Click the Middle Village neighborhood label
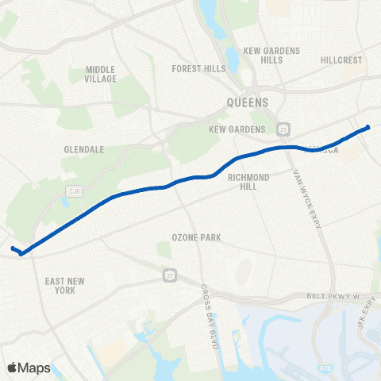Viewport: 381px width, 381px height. pyautogui.click(x=101, y=74)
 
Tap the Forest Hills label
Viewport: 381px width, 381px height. pyautogui.click(x=199, y=69)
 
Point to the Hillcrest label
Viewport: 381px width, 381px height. pyautogui.click(x=342, y=60)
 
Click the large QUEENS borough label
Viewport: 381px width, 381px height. pyautogui.click(x=248, y=102)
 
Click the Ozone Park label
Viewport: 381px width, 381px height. pyautogui.click(x=196, y=237)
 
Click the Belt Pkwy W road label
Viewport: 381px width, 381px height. pyautogui.click(x=333, y=296)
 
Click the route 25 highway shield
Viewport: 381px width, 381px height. pyautogui.click(x=283, y=129)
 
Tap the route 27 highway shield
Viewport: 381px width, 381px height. pyautogui.click(x=169, y=274)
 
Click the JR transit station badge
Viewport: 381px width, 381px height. pyautogui.click(x=71, y=191)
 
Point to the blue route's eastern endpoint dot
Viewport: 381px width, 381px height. pyautogui.click(x=368, y=127)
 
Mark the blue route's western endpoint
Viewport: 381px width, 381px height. pyautogui.click(x=13, y=249)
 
